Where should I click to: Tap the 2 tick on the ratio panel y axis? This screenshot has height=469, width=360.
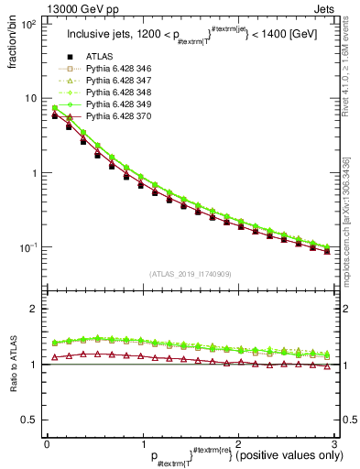pos(35,309)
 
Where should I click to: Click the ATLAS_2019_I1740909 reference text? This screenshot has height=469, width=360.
pos(190,275)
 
